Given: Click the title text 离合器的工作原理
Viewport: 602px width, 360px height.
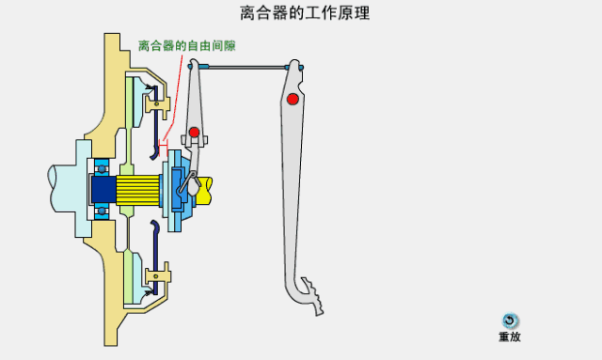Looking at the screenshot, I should pos(304,13).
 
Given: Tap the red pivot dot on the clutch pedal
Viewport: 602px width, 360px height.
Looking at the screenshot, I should pos(293,99).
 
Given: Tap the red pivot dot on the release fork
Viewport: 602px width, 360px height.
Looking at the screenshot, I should pos(194,131).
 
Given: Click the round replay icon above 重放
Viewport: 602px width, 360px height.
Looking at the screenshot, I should pos(510,321).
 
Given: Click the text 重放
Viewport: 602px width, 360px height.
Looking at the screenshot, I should pos(510,337).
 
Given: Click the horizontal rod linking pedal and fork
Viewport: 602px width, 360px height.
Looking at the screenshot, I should pos(245,67).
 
